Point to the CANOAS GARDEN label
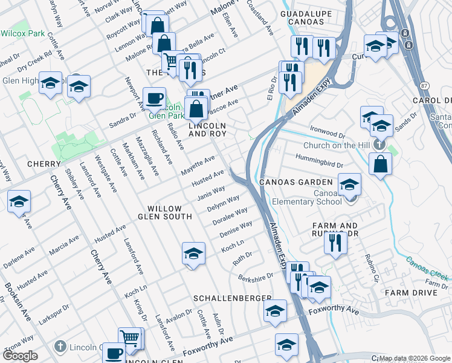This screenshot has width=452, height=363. coord(295,182)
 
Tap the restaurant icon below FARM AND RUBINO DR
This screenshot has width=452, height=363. coord(334,242)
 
